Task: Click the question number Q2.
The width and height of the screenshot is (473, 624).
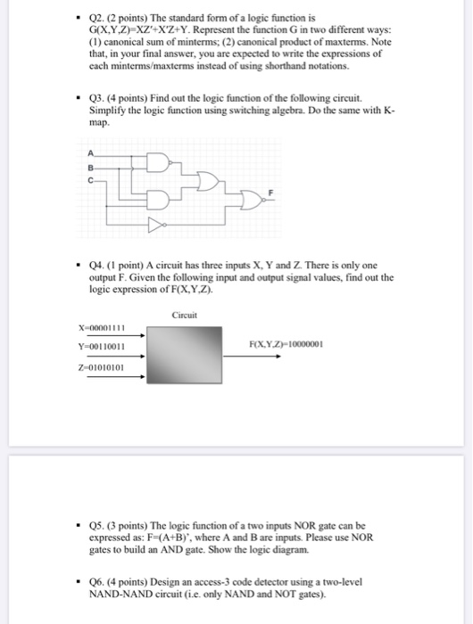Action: [98, 18]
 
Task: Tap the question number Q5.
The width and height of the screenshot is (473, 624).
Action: [98, 526]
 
